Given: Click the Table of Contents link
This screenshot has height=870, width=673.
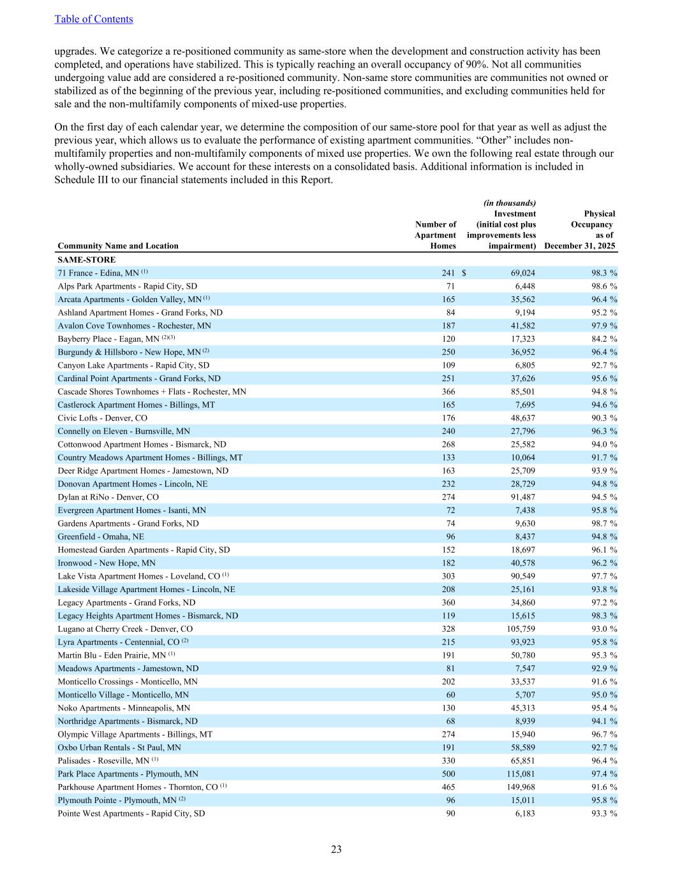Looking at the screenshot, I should click(94, 19).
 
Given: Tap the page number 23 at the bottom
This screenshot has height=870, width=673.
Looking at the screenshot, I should click(336, 849).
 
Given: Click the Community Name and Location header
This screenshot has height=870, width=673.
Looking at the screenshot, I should click(118, 246).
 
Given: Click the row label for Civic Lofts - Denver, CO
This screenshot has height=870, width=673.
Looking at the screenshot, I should click(102, 418).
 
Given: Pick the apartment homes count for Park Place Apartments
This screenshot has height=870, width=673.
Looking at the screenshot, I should click(448, 774).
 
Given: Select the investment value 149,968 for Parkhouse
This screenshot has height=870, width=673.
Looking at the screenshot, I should click(519, 787).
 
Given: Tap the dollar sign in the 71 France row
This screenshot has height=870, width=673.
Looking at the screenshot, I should click(464, 273).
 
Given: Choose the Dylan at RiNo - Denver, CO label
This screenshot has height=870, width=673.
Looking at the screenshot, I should click(108, 497).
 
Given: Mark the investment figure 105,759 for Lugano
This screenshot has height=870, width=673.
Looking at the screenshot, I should click(519, 629).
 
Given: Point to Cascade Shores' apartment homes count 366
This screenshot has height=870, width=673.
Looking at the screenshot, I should click(448, 392).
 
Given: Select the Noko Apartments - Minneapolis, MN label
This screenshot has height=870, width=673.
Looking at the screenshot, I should click(124, 708).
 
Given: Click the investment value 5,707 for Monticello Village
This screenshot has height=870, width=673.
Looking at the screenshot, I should click(523, 695).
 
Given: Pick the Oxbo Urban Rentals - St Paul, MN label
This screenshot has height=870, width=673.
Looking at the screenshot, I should click(119, 748).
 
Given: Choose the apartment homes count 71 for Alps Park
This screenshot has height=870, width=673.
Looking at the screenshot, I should click(450, 286).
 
